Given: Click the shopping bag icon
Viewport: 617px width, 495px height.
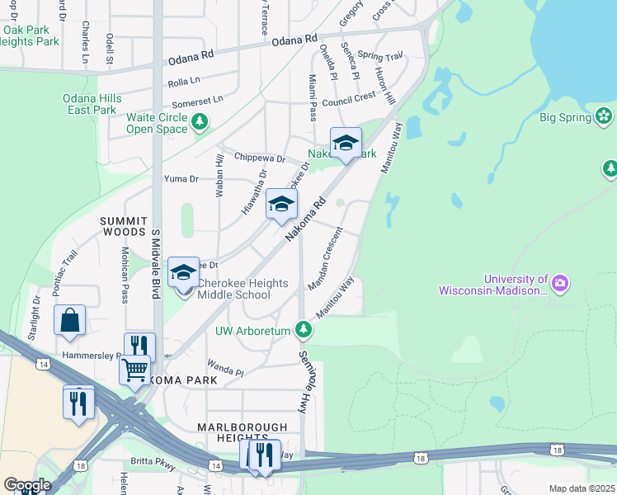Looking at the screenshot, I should [70, 320].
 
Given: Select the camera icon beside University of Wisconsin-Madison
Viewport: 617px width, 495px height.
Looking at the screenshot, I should [560, 285].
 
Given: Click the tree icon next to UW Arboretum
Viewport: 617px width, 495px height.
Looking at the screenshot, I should [304, 331].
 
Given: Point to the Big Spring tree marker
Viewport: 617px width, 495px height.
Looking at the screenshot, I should [605, 117].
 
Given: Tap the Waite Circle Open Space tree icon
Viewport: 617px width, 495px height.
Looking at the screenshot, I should [200, 123].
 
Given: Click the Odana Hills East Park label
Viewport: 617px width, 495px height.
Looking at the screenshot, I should [92, 104].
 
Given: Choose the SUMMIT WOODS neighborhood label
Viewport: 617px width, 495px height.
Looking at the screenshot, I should [124, 227].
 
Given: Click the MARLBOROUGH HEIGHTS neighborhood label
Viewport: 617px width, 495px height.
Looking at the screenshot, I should [242, 432].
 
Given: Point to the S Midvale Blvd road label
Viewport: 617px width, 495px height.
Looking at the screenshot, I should [154, 263].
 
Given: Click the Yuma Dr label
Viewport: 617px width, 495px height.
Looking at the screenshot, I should [181, 178].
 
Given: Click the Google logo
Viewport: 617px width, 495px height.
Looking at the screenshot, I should [26, 485].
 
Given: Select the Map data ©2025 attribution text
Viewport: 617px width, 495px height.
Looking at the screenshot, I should [582, 488].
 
